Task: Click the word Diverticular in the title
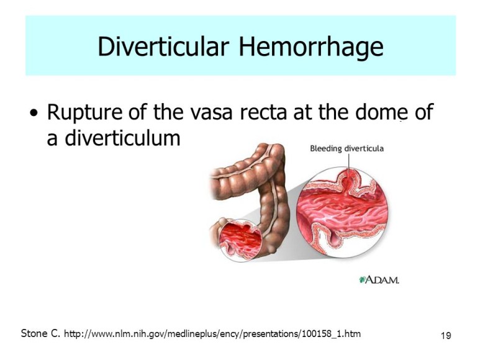click(163, 47)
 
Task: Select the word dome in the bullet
click(381, 112)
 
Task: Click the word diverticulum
click(122, 138)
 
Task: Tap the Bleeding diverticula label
click(346, 148)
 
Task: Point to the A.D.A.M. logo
click(379, 279)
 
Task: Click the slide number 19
click(446, 336)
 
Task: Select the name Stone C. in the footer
click(40, 333)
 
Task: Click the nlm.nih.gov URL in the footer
click(212, 334)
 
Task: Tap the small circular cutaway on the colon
click(241, 240)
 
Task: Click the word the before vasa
click(168, 112)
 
